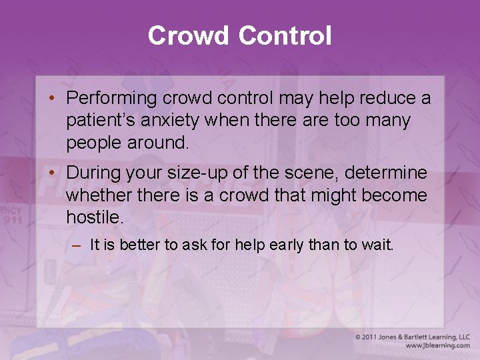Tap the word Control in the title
click(285, 35)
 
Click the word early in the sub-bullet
click(287, 245)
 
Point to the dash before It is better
click(76, 245)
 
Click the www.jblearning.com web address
click(437, 346)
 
